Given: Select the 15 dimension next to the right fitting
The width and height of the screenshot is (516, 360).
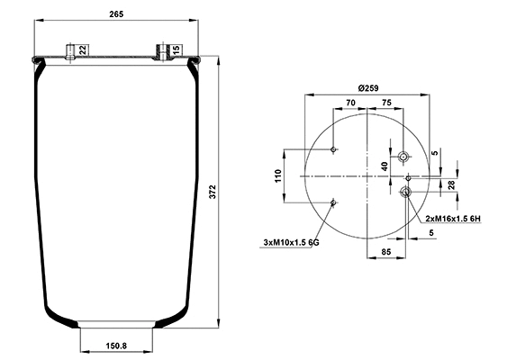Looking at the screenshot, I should point(176,49).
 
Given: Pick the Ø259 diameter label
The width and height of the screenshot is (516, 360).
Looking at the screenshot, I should point(368,87).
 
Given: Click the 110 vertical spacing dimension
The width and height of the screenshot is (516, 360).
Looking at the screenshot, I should point(278,175).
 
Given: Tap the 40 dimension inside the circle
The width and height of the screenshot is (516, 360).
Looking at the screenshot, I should point(385,165).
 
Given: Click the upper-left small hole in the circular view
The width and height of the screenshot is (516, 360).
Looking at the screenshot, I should point(334,148).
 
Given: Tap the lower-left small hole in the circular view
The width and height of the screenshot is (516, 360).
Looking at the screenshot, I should point(334,202).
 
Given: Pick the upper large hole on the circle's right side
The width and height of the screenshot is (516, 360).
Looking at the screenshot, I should point(404,157).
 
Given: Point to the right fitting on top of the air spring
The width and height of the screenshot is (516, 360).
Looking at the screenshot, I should point(163,51).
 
